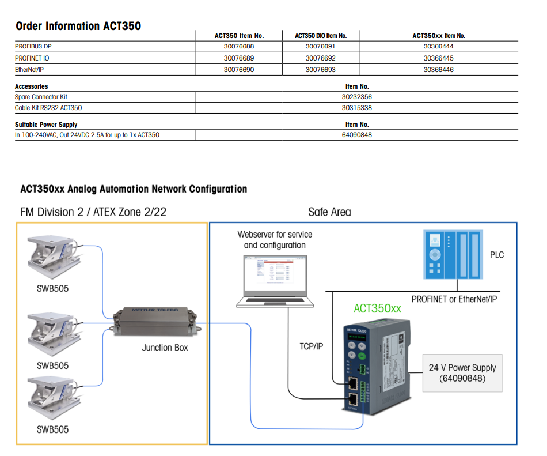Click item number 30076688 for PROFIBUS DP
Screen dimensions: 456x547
point(238,47)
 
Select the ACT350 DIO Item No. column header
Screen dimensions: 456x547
point(320,36)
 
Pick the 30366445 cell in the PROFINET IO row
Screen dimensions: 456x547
point(438,58)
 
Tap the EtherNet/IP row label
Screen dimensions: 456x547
point(29,70)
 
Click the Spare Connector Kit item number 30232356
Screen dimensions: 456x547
point(356,97)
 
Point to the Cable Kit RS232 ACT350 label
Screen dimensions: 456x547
point(44,108)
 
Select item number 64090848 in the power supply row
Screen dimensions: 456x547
point(356,135)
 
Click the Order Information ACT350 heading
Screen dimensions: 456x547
point(78,26)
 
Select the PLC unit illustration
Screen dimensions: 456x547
point(452,254)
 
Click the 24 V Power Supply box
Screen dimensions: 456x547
point(462,372)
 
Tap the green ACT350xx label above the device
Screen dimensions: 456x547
point(377,308)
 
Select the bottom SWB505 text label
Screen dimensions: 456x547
point(52,429)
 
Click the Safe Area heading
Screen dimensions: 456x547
point(329,212)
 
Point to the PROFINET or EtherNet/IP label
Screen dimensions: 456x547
point(454,299)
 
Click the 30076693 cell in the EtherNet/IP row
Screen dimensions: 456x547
point(320,70)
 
